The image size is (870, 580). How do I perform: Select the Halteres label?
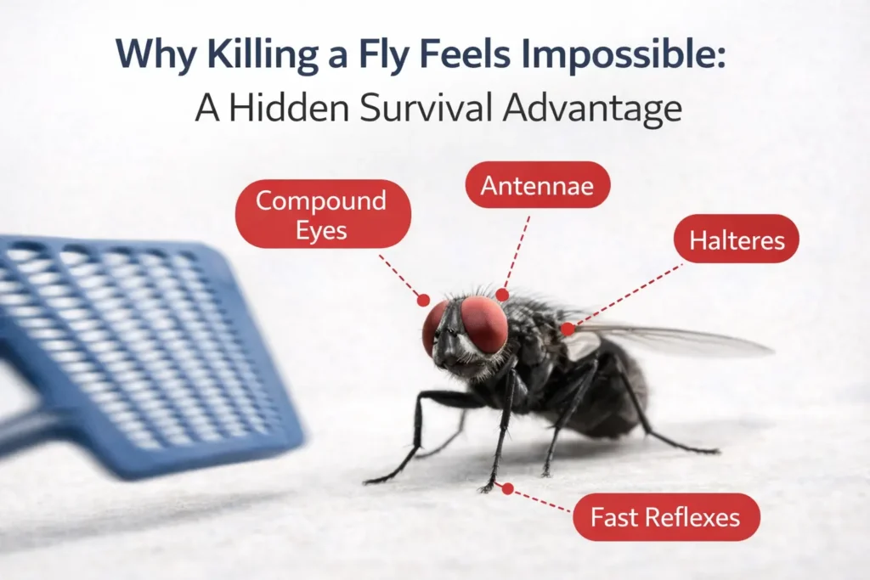pyautogui.click(x=736, y=240)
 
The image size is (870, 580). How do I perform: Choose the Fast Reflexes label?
pyautogui.click(x=665, y=516)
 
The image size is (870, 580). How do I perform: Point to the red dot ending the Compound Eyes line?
pyautogui.click(x=423, y=299)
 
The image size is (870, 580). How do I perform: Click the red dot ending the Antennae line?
pyautogui.click(x=502, y=295)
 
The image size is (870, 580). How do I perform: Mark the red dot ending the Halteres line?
pyautogui.click(x=567, y=328)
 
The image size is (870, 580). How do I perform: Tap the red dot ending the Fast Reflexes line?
pyautogui.click(x=507, y=488)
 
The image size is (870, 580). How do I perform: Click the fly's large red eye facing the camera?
pyautogui.click(x=484, y=324)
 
